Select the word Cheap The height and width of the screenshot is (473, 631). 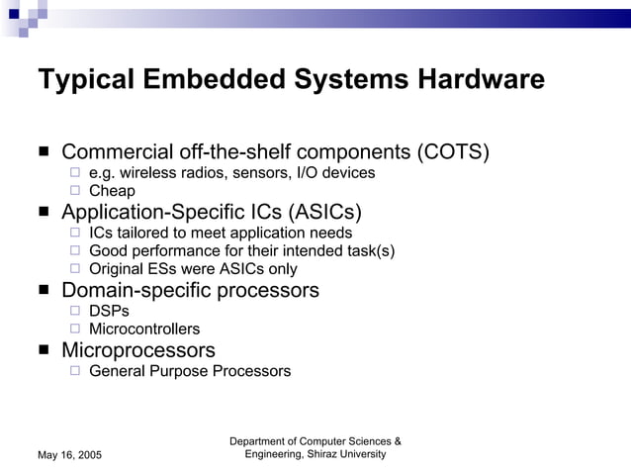[x=112, y=191]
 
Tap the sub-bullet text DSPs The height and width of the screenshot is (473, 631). [x=109, y=310]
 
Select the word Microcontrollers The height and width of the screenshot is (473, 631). [x=144, y=329]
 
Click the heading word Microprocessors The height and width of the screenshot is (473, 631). [x=138, y=350]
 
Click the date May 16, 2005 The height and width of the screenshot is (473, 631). [x=69, y=454]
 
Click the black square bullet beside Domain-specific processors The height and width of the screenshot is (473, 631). [x=45, y=291]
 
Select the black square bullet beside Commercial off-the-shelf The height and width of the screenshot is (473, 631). [x=45, y=153]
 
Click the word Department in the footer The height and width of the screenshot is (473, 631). [x=262, y=440]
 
